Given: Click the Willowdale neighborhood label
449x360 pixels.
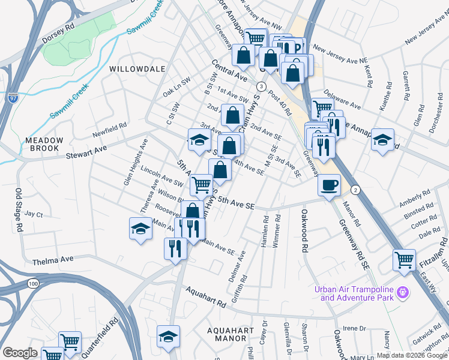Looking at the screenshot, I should [x=137, y=69].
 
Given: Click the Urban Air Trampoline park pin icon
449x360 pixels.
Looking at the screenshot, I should [x=402, y=292].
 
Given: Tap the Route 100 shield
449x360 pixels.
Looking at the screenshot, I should [x=32, y=283].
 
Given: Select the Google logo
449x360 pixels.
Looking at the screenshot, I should [x=20, y=353].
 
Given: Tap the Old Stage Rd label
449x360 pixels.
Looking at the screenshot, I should [x=19, y=211].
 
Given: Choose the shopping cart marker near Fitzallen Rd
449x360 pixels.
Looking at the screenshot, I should [x=404, y=260].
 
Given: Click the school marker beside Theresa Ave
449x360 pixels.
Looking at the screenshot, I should [x=140, y=229].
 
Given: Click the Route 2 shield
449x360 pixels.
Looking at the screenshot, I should [x=355, y=190].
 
